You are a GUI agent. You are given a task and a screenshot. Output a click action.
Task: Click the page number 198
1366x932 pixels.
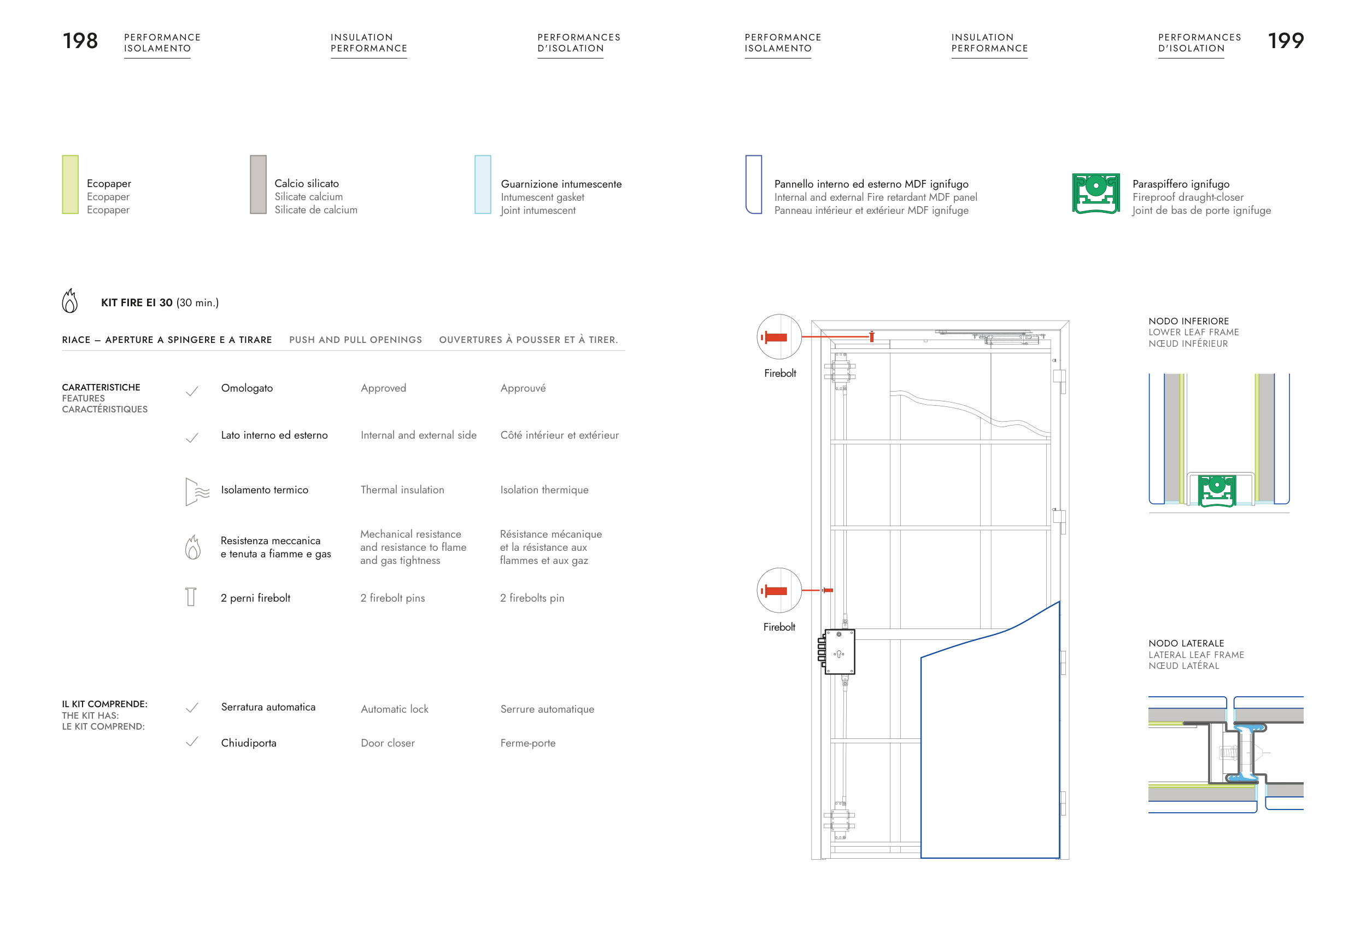[80, 40]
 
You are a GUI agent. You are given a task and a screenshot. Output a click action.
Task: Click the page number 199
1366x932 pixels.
[1286, 40]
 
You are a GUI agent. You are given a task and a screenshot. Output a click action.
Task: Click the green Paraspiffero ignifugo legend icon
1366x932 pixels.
[1095, 194]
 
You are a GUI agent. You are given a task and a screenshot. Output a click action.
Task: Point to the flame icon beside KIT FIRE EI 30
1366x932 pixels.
[70, 301]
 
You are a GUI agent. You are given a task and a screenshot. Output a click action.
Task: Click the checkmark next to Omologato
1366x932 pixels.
[192, 391]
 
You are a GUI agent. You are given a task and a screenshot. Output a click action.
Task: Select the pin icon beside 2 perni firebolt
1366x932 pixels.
[191, 597]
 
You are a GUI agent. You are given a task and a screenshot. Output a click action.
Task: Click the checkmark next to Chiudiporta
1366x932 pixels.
[192, 742]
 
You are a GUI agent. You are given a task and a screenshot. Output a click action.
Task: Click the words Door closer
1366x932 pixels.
[388, 743]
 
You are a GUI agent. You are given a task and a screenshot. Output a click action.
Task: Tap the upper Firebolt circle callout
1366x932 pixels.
[779, 337]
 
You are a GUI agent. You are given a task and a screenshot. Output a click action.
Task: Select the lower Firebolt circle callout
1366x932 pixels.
[779, 590]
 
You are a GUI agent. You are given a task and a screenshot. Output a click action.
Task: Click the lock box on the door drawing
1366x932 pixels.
[839, 652]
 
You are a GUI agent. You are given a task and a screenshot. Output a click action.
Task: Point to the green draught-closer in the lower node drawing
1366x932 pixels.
[1217, 491]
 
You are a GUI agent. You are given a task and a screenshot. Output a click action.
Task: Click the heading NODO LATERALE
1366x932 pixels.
[1186, 643]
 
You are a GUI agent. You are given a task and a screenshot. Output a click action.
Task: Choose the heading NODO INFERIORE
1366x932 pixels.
[1188, 321]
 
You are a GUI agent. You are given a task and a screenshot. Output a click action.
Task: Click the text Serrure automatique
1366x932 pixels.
[547, 709]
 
